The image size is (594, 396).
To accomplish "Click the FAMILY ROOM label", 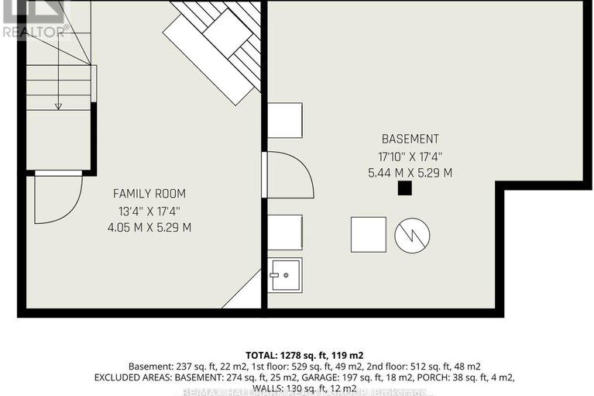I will pyautogui.click(x=149, y=194).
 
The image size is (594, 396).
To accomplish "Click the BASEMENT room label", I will pyautogui.click(x=410, y=139).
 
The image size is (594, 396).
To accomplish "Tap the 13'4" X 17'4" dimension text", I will pyautogui.click(x=149, y=211).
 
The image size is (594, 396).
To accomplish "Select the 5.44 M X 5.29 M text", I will pyautogui.click(x=410, y=174).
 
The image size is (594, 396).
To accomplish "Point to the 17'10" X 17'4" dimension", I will pyautogui.click(x=410, y=157).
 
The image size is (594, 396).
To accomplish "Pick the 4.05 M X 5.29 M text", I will pyautogui.click(x=149, y=228).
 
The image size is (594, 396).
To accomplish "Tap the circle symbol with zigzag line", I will pyautogui.click(x=412, y=235).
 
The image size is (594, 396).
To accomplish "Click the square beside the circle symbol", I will pyautogui.click(x=368, y=235).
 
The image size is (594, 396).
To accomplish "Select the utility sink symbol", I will pyautogui.click(x=285, y=274).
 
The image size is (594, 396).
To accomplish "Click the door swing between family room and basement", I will pyautogui.click(x=289, y=176).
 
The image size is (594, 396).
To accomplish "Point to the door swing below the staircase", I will pyautogui.click(x=57, y=199).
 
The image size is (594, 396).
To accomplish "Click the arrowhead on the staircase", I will pyautogui.click(x=59, y=106).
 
